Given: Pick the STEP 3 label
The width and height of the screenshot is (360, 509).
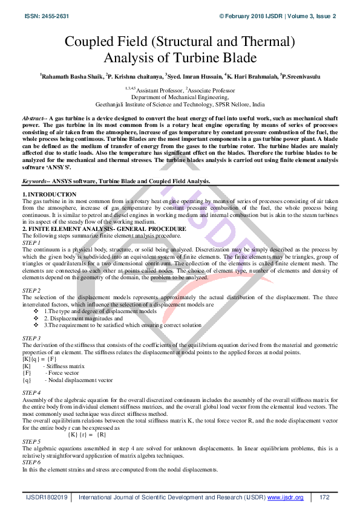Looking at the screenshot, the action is coord(31,337).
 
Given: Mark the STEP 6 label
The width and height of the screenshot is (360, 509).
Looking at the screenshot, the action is coord(31,464).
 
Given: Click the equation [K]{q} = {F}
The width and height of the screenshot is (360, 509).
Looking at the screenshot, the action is coord(39,359).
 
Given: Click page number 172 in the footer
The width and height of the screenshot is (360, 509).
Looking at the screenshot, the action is coord(324,497).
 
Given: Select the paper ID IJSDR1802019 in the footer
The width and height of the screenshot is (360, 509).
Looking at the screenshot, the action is coord(48,497).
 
